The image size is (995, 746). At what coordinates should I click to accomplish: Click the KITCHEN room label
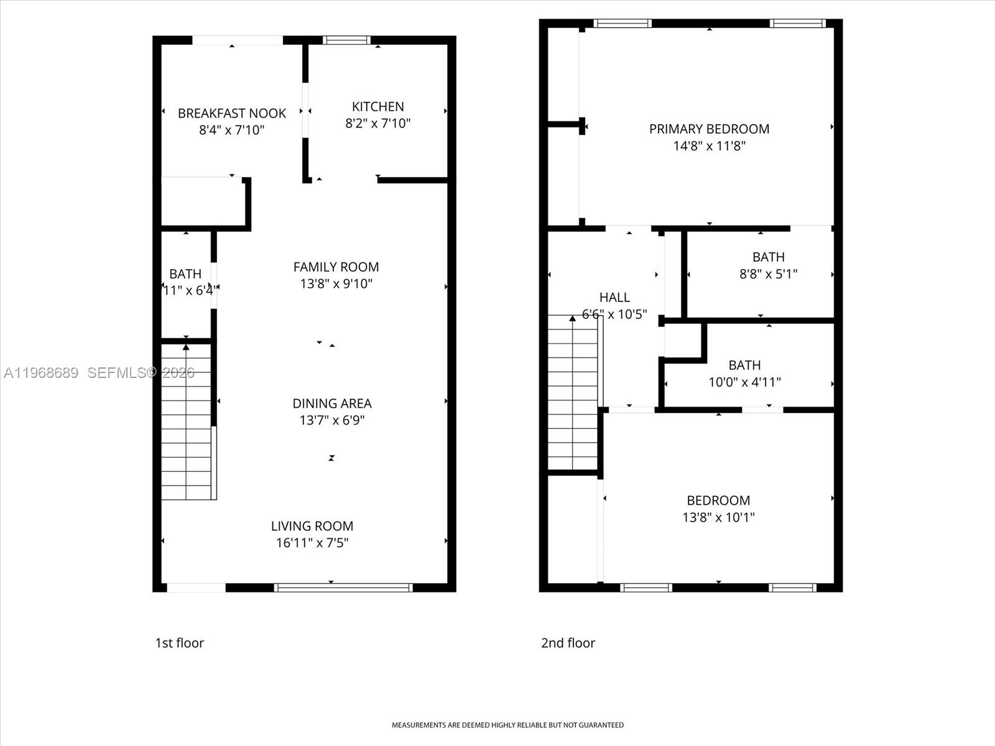(377, 106)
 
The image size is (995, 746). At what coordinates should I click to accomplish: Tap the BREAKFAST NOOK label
(232, 113)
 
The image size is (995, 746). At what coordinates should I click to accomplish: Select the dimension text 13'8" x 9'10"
(336, 283)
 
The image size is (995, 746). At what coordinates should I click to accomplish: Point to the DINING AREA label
(332, 403)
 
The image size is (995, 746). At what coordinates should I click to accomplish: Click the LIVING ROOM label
(312, 526)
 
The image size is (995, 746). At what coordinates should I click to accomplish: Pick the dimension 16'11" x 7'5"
(312, 543)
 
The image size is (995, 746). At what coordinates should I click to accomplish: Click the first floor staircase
(187, 423)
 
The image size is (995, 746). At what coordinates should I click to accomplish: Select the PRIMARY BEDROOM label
(709, 129)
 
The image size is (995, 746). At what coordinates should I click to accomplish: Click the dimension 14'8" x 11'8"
(709, 146)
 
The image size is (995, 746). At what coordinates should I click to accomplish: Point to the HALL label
(614, 297)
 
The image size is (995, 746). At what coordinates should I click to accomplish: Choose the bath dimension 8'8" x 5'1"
(768, 274)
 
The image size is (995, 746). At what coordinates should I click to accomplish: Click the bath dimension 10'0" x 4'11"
(744, 382)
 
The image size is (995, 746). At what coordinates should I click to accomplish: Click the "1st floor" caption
(179, 643)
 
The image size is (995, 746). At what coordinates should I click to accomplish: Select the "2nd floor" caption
(568, 643)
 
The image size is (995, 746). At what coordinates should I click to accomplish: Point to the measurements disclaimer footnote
(507, 725)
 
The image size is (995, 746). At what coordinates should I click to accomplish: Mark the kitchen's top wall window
(347, 40)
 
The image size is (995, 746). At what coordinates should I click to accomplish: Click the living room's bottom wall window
(343, 587)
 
